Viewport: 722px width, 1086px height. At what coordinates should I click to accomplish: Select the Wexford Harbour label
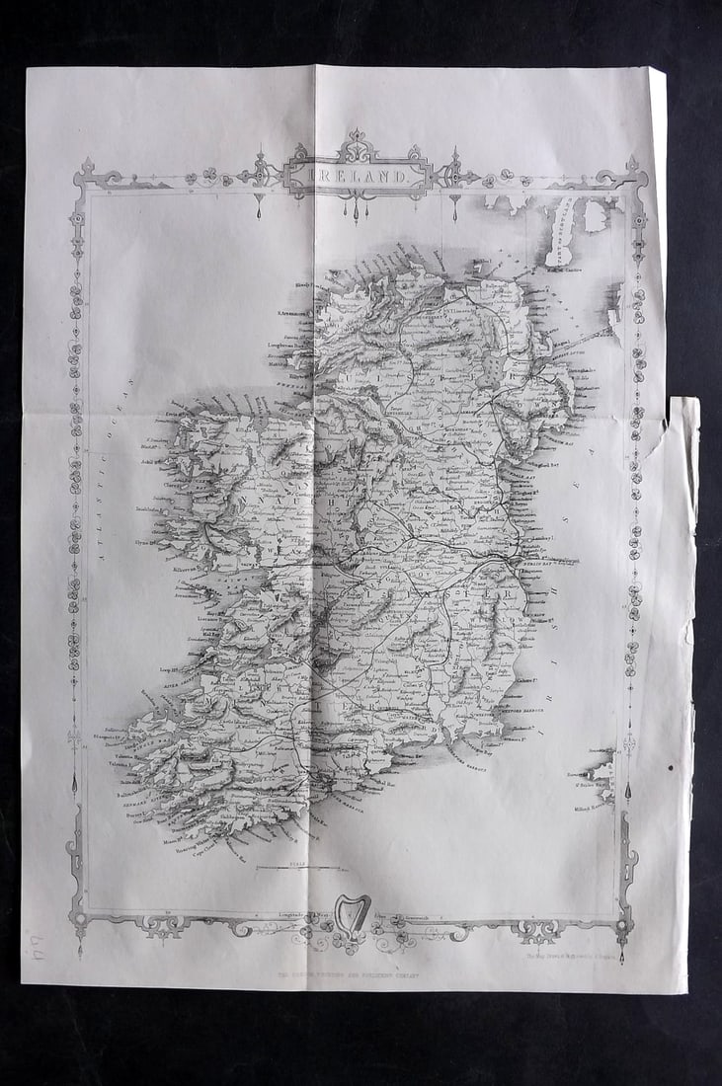coord(538,704)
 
